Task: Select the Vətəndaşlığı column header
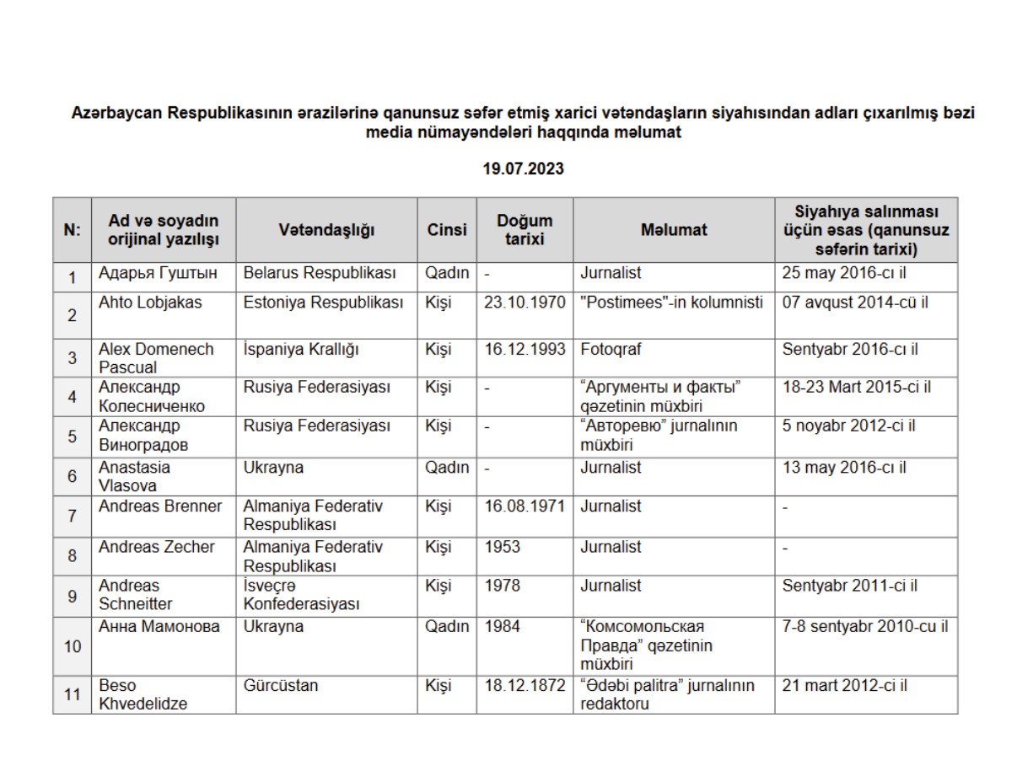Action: point(326,230)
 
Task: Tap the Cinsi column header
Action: point(446,230)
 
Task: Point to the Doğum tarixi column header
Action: point(525,230)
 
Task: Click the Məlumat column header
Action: point(673,230)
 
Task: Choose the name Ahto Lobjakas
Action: point(150,303)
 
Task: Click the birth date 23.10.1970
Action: point(525,303)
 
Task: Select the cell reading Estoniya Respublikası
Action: point(324,303)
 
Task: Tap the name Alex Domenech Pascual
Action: point(156,358)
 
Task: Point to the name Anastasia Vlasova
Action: point(134,476)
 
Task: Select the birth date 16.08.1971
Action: point(525,506)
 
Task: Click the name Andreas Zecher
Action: point(157,547)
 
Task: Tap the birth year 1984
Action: point(503,627)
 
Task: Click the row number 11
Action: point(73,695)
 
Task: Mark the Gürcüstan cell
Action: point(281,686)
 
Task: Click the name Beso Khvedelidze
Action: point(143,694)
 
